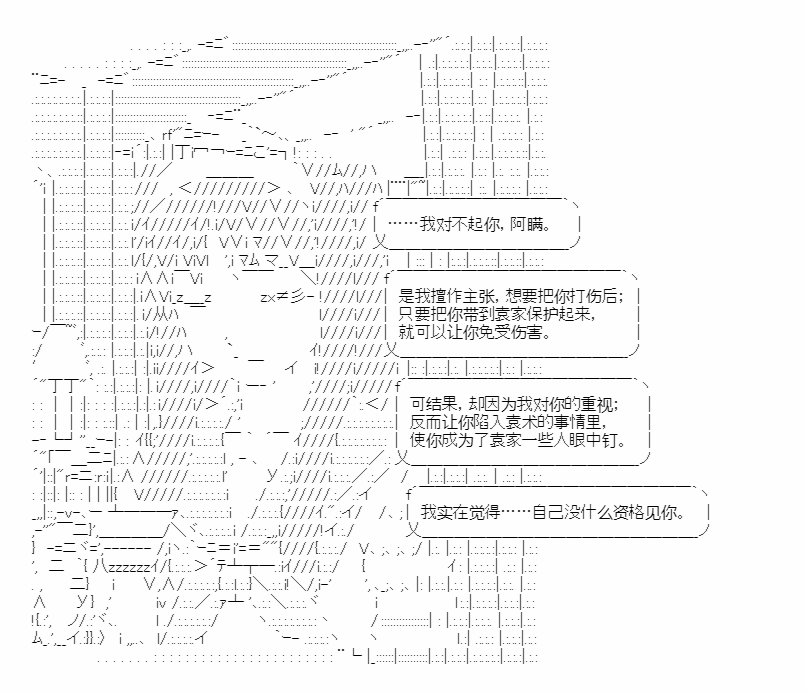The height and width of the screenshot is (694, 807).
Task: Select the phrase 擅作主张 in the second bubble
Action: point(444,296)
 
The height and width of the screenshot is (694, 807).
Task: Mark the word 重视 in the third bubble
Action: point(598,404)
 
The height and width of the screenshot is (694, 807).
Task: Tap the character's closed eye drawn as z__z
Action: point(189,297)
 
